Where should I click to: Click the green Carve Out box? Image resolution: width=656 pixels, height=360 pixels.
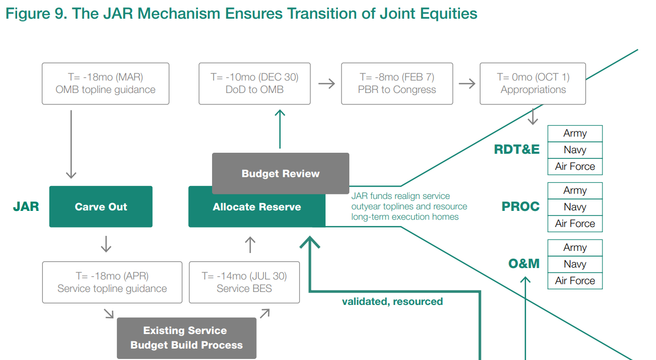coord(101,207)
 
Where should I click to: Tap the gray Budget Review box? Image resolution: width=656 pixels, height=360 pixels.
coord(281,174)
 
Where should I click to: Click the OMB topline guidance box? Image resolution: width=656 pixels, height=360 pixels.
coord(106,84)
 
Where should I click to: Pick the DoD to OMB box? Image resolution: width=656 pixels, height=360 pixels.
coord(255,84)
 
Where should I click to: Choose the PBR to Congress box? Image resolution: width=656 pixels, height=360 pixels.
coord(397,84)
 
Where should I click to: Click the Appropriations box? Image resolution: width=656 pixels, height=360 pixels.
coord(533,84)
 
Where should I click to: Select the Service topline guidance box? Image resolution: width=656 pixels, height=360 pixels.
coord(112,283)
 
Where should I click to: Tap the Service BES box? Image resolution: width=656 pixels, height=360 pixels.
coord(244,283)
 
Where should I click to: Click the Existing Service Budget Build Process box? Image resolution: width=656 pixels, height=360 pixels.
coord(187,338)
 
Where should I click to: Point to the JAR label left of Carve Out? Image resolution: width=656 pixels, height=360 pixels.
coord(26,207)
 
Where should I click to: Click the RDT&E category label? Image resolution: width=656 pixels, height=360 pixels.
coord(517,150)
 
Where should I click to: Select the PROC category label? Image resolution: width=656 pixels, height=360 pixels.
coord(520,207)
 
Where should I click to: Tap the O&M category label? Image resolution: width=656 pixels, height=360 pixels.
coord(524,264)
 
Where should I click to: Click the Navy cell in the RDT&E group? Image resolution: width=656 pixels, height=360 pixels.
coord(575,150)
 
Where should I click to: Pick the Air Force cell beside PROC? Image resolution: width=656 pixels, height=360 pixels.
coord(575,223)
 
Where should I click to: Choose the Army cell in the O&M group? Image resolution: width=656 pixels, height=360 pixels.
coord(575,248)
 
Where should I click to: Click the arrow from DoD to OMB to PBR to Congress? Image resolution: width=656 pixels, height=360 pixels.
coord(326,84)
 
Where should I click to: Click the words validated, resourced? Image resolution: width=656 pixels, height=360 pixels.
coord(392,302)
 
